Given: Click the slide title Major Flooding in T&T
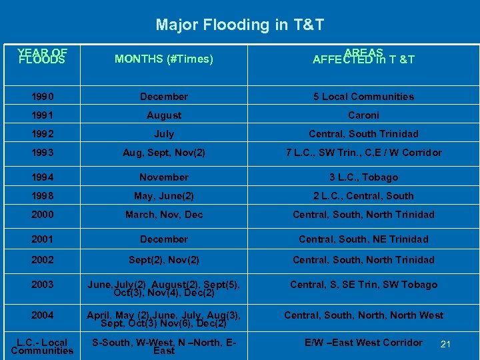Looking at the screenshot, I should (x=240, y=25).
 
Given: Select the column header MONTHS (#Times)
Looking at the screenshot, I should (x=164, y=59).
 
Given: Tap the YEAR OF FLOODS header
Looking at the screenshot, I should (x=42, y=56).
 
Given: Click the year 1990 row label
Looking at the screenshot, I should (x=42, y=97).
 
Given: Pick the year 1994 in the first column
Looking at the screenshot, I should (x=42, y=177).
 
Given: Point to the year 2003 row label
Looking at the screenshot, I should (x=42, y=285).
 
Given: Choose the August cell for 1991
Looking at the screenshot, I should (x=164, y=115).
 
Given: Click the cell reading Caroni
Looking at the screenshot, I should (x=364, y=115).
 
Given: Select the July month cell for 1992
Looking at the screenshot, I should (x=164, y=134).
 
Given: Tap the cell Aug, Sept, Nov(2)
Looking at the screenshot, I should (x=164, y=153).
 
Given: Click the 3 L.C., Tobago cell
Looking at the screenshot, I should (x=364, y=177).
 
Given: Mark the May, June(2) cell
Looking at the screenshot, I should (x=164, y=196).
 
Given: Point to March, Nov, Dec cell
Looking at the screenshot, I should (x=164, y=215).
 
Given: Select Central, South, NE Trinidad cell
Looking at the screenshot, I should (x=364, y=239).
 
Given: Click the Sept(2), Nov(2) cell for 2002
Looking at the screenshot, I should (x=164, y=260).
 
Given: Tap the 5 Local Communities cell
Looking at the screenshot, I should (x=364, y=97).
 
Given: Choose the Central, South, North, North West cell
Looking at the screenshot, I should (x=364, y=315).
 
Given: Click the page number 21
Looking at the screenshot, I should (x=446, y=344).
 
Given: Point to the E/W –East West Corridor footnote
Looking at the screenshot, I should (x=364, y=343).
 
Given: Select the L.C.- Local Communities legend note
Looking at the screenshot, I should (x=42, y=346).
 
